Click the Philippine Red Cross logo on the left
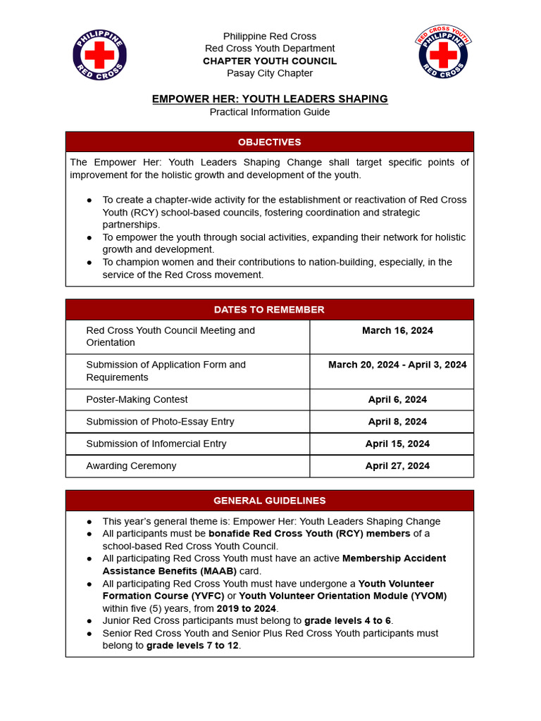(x=99, y=55)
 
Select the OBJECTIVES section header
(x=269, y=142)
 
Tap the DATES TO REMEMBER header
(x=269, y=310)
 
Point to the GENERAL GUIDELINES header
(x=269, y=501)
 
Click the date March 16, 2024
(x=397, y=330)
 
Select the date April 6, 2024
(x=397, y=399)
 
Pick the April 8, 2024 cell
(x=397, y=422)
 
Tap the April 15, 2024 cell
(x=397, y=444)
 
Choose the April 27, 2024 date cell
(x=397, y=465)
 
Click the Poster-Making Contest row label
(x=137, y=399)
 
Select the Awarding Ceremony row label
(x=131, y=465)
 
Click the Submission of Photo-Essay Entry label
(x=160, y=422)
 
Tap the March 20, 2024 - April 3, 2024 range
(x=397, y=365)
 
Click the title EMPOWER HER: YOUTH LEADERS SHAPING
(x=270, y=99)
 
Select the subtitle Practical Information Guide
(x=270, y=112)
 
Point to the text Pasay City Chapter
(x=270, y=73)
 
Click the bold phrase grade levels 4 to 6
(x=348, y=620)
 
